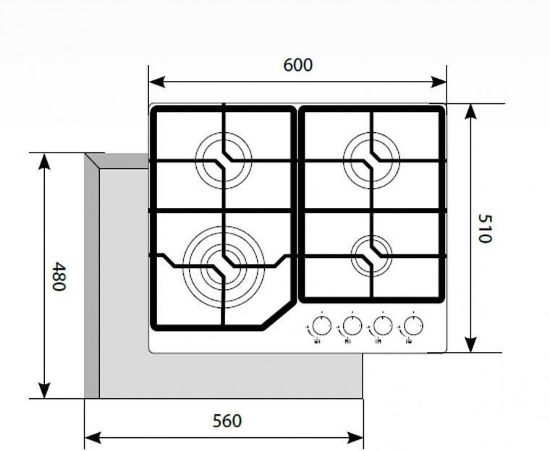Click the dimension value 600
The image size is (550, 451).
tap(297, 65)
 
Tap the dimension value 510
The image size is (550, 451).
tap(485, 228)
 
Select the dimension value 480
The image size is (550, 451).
tap(59, 277)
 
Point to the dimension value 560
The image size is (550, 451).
tap(227, 421)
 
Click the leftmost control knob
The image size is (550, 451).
tap(321, 325)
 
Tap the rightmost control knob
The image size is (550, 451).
tap(413, 325)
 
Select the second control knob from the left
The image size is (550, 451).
tap(352, 325)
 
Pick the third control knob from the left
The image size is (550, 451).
tap(383, 325)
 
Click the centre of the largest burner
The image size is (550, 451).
tap(224, 267)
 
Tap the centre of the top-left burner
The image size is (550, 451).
tap(224, 160)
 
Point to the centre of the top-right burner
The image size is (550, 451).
tap(371, 160)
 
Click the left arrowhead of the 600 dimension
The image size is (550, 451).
tap(157, 82)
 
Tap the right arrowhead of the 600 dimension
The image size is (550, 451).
tap(439, 82)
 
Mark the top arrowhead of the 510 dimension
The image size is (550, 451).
tap(470, 112)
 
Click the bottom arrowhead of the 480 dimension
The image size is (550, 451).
tap(44, 390)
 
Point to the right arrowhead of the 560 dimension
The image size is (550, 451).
tap(355, 437)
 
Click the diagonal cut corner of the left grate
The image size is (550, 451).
tap(277, 314)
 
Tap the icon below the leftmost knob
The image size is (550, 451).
tap(317, 340)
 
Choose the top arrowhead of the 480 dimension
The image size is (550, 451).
tap(44, 161)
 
